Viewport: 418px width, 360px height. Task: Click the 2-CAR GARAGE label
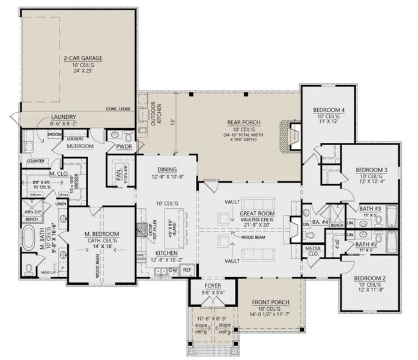83,58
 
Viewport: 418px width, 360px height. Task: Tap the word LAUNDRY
63,116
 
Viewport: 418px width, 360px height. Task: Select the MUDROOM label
80,146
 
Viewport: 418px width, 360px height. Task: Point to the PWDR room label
124,146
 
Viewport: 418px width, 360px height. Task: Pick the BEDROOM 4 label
329,110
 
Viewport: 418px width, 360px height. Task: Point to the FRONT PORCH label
270,302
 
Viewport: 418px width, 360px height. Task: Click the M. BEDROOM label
101,233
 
